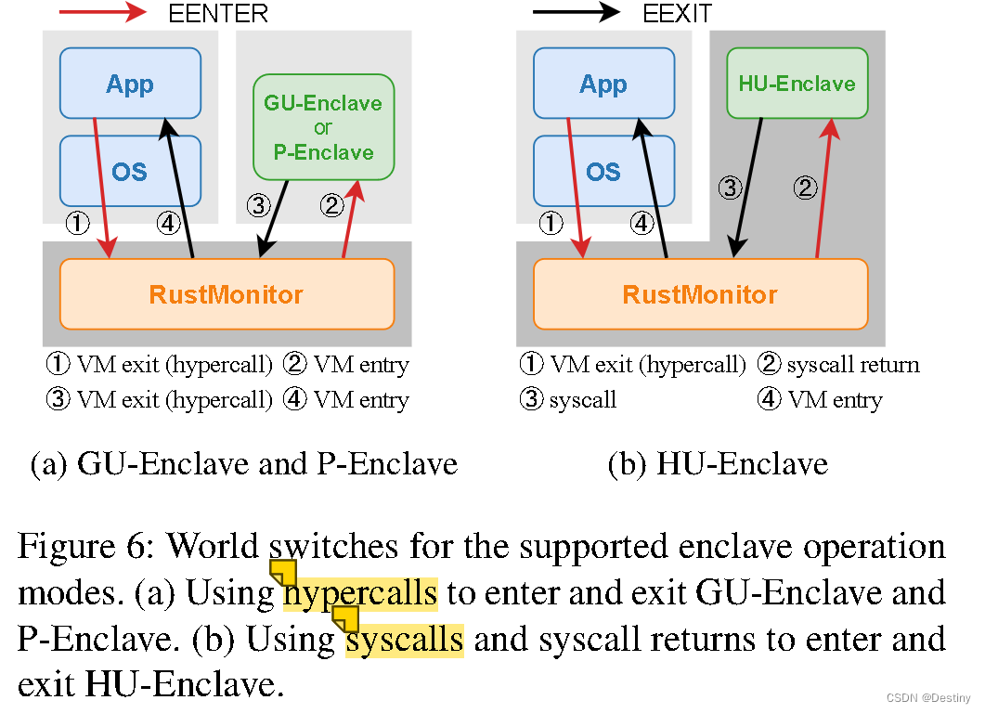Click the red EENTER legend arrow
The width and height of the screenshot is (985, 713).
click(x=102, y=13)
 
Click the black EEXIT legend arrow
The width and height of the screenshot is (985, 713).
click(x=576, y=13)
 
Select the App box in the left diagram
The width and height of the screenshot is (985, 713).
click(x=130, y=84)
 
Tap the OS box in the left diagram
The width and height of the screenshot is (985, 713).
click(x=130, y=171)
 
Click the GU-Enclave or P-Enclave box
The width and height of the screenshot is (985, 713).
click(x=323, y=127)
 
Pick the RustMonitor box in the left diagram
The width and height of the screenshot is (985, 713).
click(x=227, y=294)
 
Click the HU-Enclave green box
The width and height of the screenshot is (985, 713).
click(x=797, y=84)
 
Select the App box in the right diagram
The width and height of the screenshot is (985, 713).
click(x=603, y=84)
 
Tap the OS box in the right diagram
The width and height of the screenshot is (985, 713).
click(x=603, y=171)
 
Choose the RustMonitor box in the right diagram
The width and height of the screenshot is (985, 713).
click(x=700, y=294)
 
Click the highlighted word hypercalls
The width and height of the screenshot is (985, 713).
click(x=360, y=591)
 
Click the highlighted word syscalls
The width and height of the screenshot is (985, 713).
click(x=404, y=639)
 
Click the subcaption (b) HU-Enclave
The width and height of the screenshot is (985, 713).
click(x=718, y=462)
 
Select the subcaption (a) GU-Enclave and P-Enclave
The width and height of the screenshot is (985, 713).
click(x=243, y=462)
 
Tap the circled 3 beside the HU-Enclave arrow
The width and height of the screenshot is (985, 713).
click(x=731, y=188)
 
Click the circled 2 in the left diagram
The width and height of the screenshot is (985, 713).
click(x=332, y=205)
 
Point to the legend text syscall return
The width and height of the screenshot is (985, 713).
click(x=852, y=365)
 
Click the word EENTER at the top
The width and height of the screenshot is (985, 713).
click(x=218, y=13)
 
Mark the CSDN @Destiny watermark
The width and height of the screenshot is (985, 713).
click(x=928, y=698)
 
